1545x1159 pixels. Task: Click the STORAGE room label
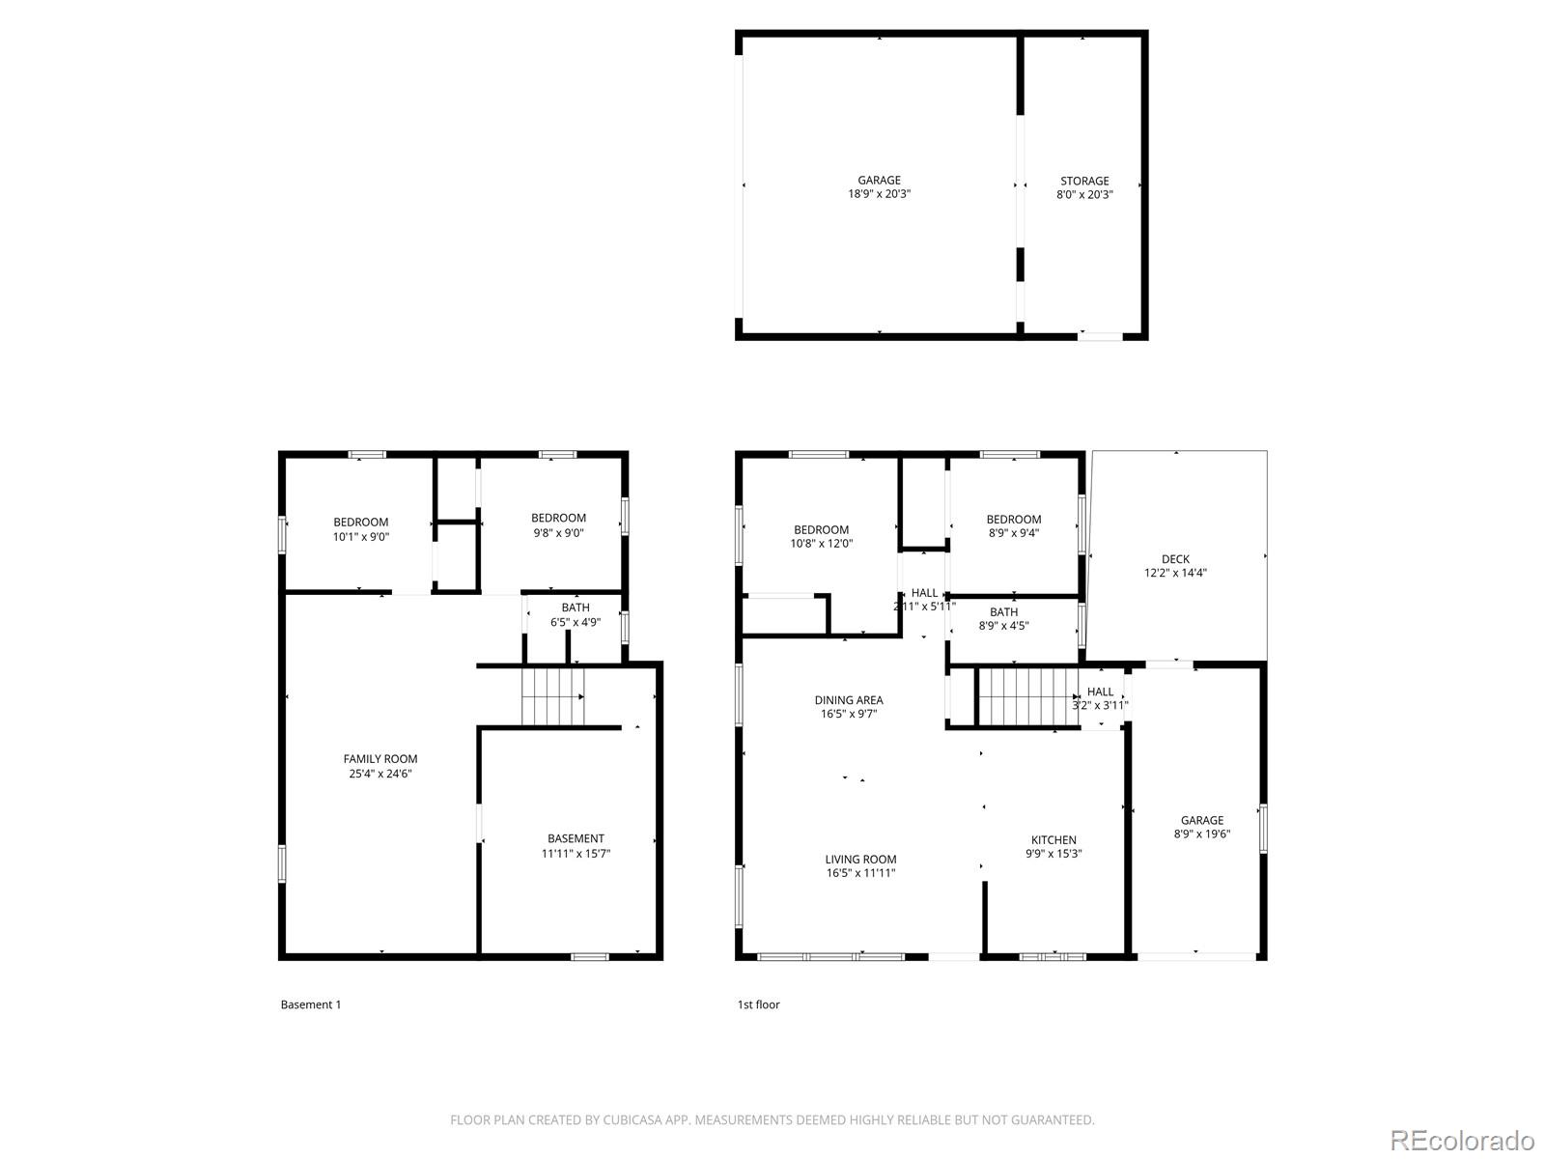click(x=1084, y=181)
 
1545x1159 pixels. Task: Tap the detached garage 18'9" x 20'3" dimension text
click(x=879, y=194)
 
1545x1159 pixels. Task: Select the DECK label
click(x=1175, y=559)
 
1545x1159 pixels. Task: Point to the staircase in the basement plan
click(x=553, y=696)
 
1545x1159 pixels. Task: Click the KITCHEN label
click(x=1053, y=839)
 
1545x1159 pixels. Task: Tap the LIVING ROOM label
click(x=860, y=859)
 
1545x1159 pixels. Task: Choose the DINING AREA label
click(x=849, y=700)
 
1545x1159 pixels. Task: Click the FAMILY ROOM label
click(x=380, y=759)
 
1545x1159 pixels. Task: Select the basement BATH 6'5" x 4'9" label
click(x=576, y=615)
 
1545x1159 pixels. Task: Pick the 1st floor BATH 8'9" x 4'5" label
click(x=1003, y=618)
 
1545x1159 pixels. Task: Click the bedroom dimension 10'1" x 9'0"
click(x=361, y=536)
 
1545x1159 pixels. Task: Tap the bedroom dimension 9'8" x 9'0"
click(x=558, y=532)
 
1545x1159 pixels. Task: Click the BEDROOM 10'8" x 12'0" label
click(x=822, y=536)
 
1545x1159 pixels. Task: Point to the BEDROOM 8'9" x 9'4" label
click(x=1014, y=525)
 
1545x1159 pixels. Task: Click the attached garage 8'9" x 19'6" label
click(x=1202, y=827)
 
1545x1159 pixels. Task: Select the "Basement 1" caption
click(x=311, y=1004)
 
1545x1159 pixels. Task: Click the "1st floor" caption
click(x=758, y=1004)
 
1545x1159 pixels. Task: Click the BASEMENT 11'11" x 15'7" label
click(x=576, y=845)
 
